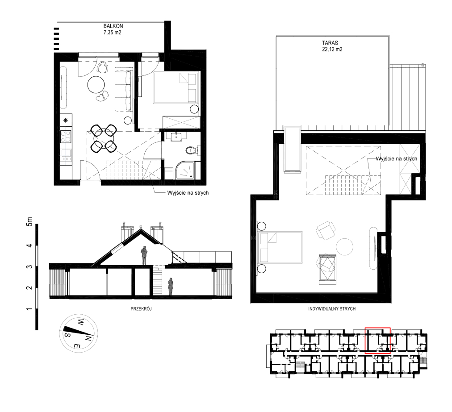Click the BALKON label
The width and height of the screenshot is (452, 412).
113,26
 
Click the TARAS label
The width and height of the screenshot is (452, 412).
330,43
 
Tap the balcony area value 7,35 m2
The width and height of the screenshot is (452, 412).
113,33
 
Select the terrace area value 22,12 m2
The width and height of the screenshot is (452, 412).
332,49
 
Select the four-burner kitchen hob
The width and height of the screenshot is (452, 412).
66,137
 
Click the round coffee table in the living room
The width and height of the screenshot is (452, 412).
96,84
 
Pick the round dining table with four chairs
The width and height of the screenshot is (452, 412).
103,138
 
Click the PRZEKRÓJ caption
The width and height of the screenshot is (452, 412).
141,309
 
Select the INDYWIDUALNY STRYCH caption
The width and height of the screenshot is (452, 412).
332,309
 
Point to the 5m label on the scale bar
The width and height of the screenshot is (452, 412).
29,221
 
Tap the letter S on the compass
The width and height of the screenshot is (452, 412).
67,335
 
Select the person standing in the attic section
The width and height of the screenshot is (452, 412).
144,256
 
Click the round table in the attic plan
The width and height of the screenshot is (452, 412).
344,247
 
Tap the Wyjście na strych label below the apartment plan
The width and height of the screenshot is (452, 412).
188,193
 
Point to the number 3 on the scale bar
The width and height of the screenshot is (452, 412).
29,267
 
